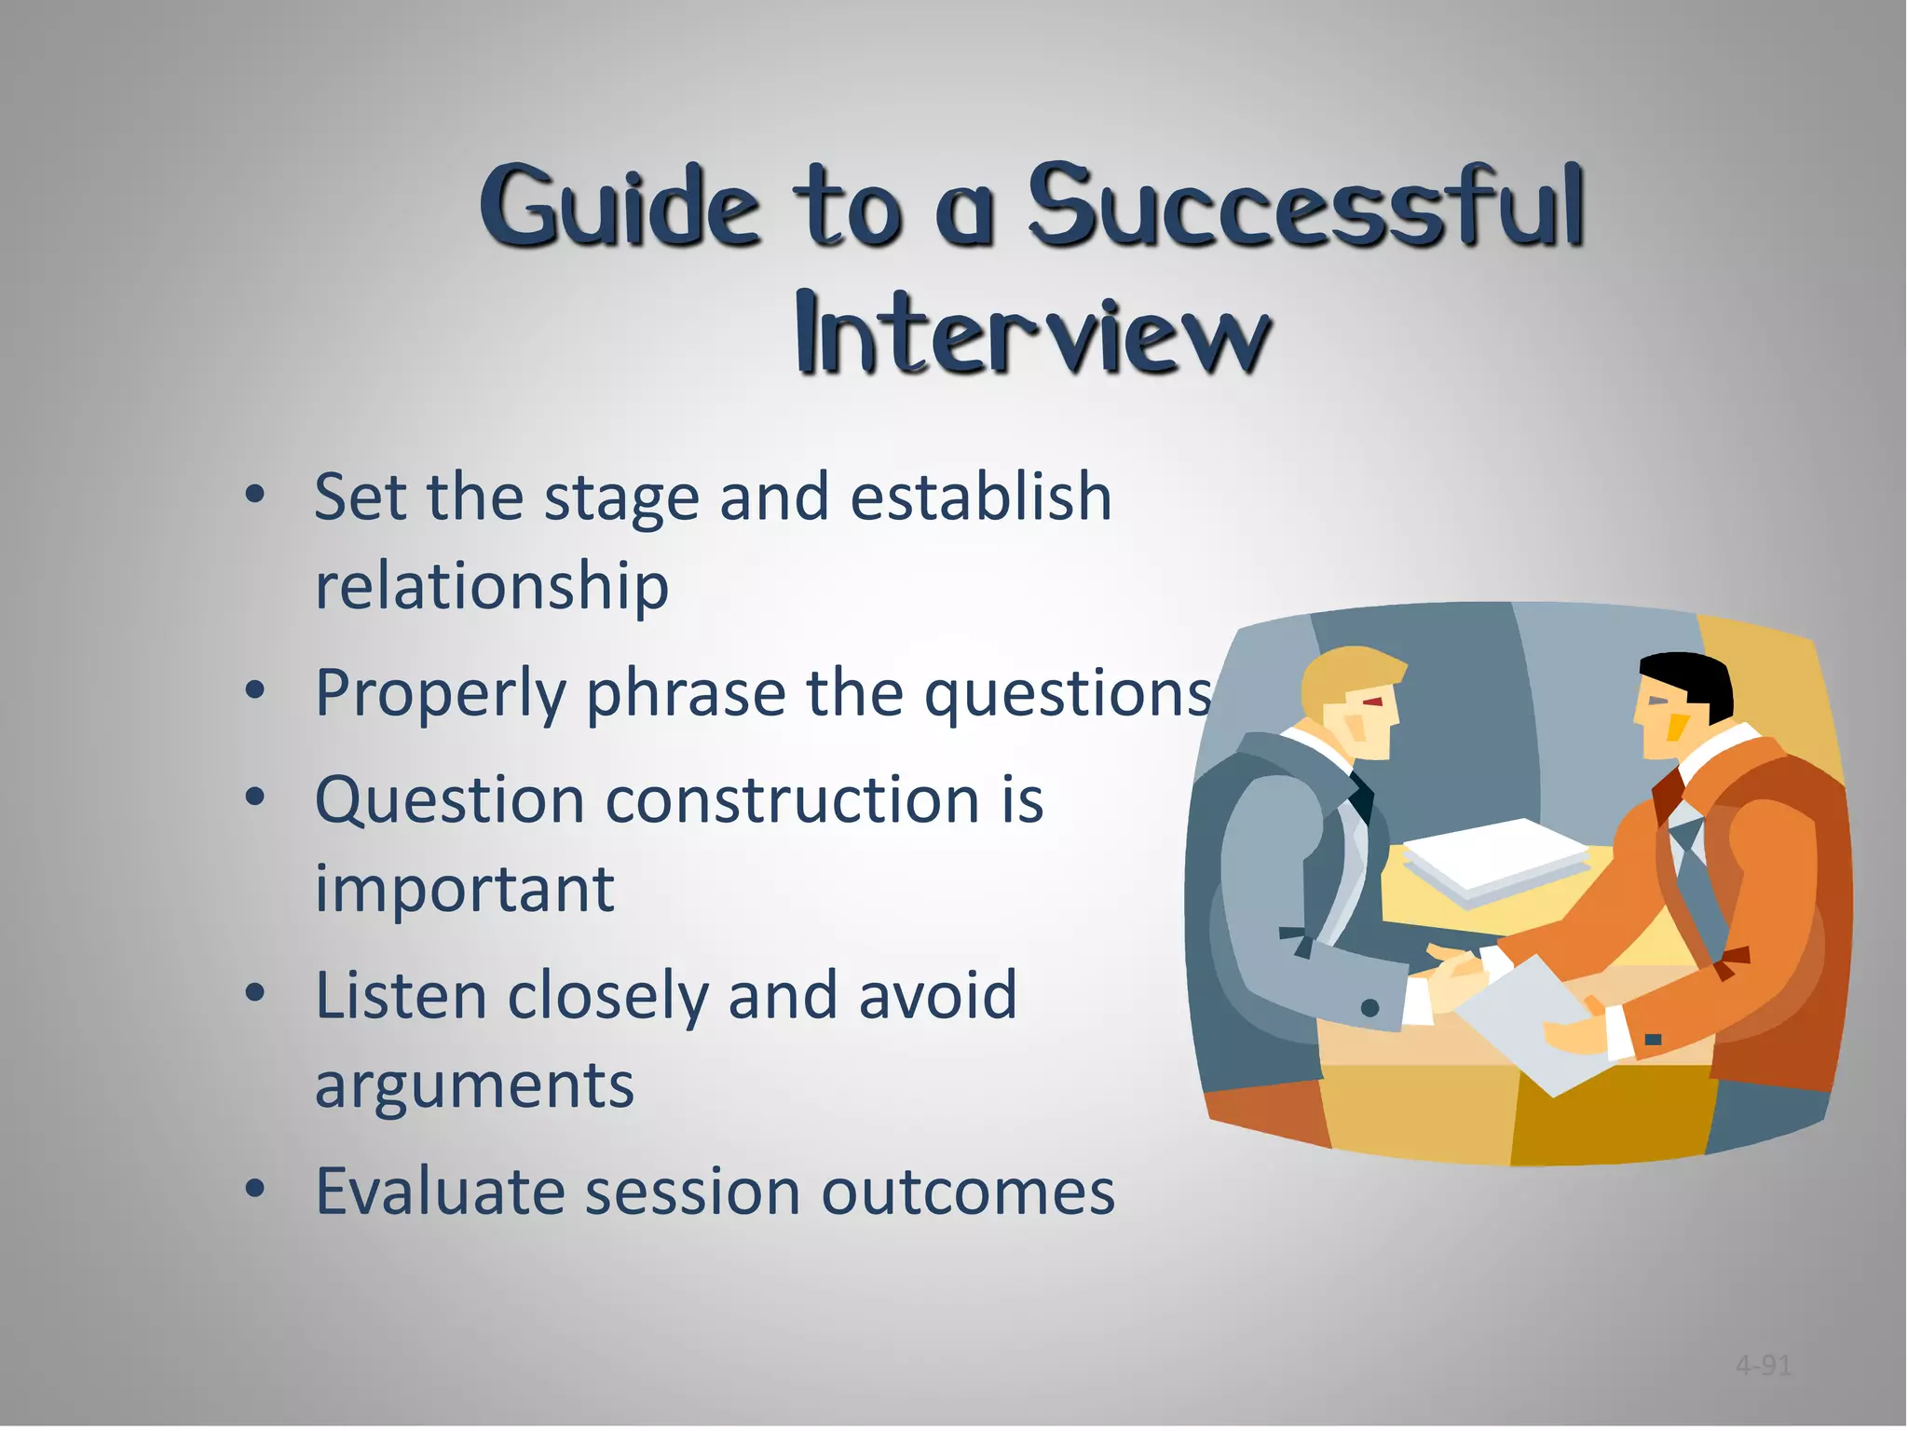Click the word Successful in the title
[1304, 207]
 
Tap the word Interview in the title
[1032, 334]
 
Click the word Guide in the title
[619, 207]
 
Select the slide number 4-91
[1763, 1366]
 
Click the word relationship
[492, 587]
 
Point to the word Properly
[440, 694]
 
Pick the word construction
[792, 801]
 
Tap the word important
[464, 890]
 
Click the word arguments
[474, 1086]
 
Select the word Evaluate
[439, 1192]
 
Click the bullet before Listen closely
[254, 994]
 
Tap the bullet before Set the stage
[254, 495]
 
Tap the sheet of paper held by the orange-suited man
[1528, 1025]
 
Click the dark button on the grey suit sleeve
[1370, 1007]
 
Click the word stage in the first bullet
[620, 498]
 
